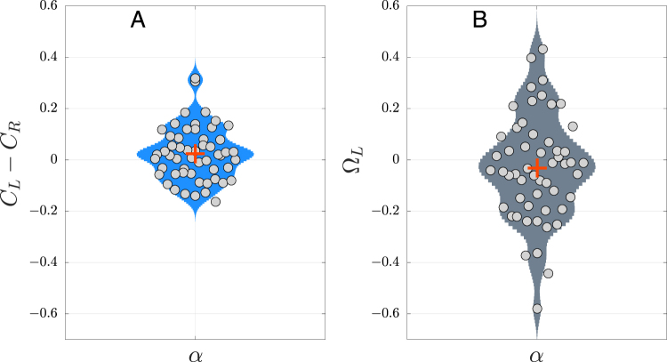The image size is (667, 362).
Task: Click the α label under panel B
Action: (536, 354)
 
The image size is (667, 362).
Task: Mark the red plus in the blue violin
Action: (195, 153)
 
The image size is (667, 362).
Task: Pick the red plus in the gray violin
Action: (536, 167)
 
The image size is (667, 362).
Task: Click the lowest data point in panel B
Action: (537, 309)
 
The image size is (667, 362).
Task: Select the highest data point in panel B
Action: (542, 49)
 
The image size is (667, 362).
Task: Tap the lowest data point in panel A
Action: (215, 202)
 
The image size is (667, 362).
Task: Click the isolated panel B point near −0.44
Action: (548, 273)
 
